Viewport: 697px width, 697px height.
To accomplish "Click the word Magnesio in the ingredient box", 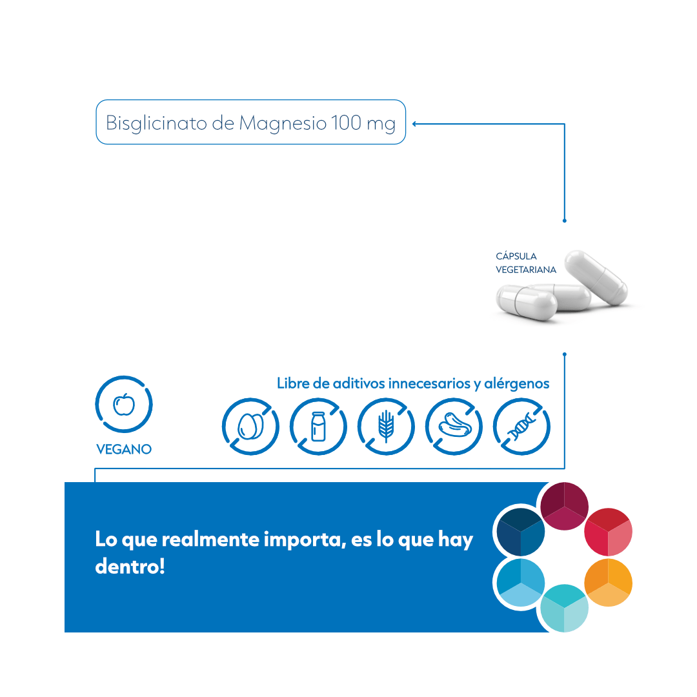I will tap(283, 123).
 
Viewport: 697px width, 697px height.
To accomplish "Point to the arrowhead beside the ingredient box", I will tap(414, 123).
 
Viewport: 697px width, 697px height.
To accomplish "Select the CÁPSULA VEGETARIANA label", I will tap(525, 263).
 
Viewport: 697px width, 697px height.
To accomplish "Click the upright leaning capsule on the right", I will tap(596, 278).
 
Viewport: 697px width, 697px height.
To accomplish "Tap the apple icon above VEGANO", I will tap(124, 405).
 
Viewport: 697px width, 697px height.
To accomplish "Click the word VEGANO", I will tap(124, 449).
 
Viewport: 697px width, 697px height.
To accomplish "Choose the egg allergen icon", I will tap(250, 427).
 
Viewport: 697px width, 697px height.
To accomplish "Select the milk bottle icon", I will tap(318, 427).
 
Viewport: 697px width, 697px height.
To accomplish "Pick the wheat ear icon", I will tap(386, 427).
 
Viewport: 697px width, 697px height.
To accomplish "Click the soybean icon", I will tap(454, 427).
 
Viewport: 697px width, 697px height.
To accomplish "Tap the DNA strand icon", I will tap(521, 427).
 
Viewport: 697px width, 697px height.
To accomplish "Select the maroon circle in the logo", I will tap(564, 507).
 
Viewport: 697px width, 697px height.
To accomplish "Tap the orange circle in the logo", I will tap(608, 582).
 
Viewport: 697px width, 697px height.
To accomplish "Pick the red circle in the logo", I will tap(608, 532).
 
